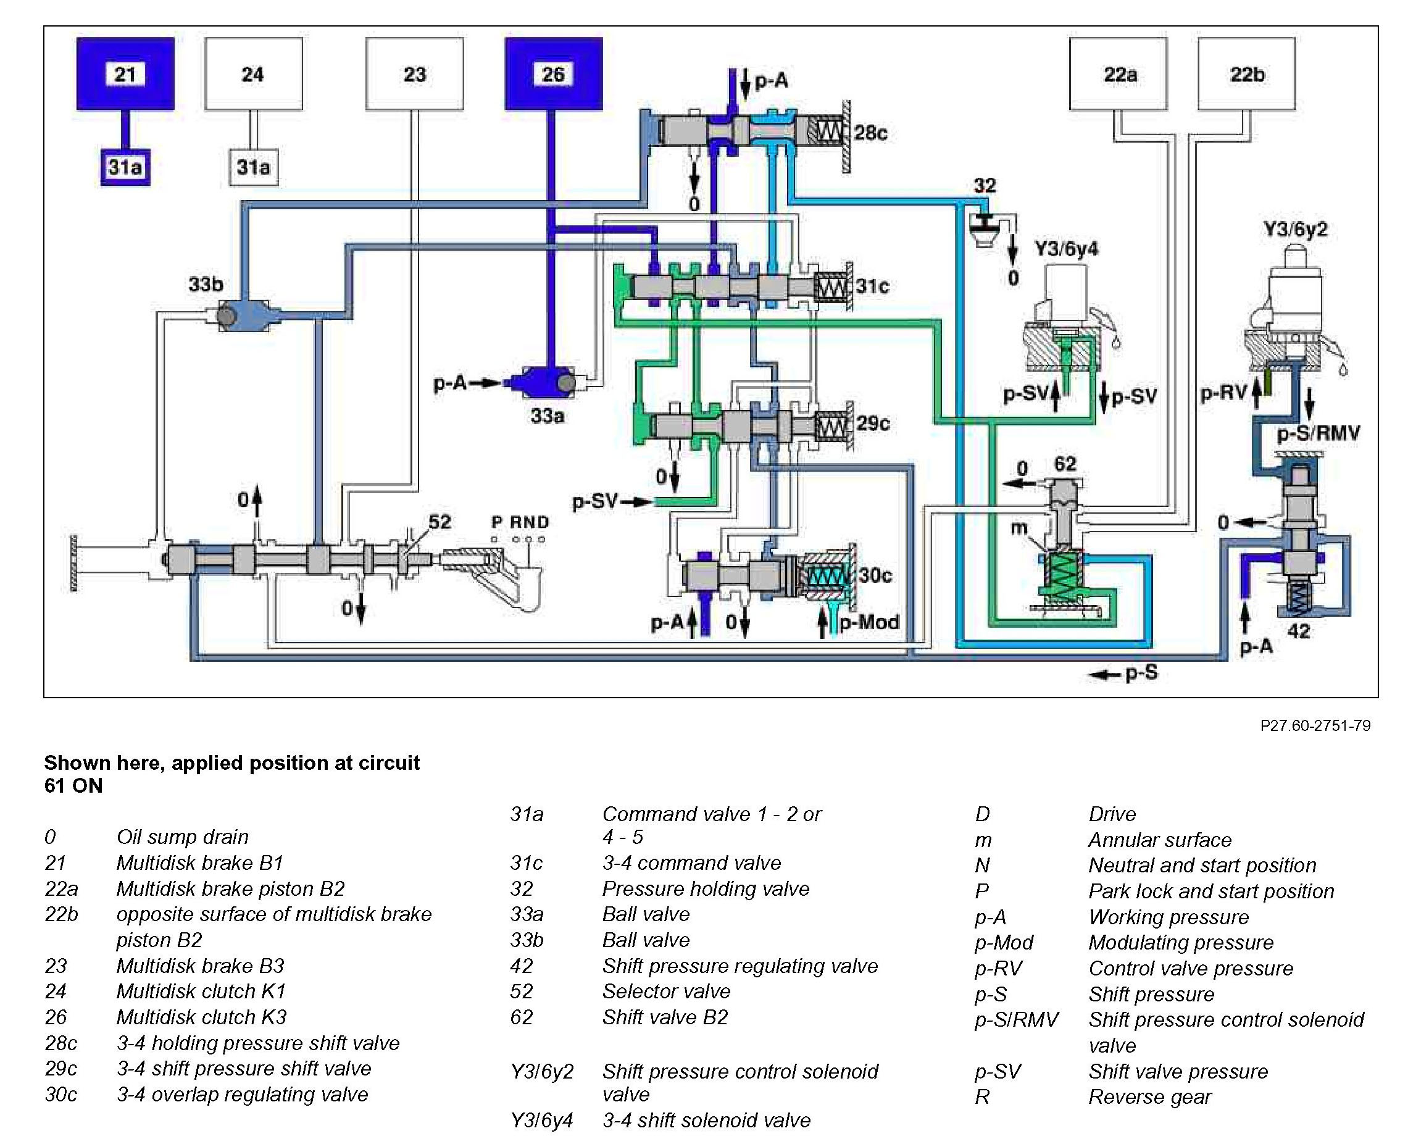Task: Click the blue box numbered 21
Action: (x=125, y=73)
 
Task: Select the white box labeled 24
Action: (x=254, y=73)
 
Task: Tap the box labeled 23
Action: (x=414, y=73)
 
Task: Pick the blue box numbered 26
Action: (x=554, y=73)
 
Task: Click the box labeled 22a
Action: (x=1118, y=73)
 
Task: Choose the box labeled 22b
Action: (x=1246, y=73)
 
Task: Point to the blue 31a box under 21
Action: (x=125, y=167)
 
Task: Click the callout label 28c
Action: (x=870, y=133)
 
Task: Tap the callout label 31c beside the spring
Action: (x=872, y=286)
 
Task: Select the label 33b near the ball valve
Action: (x=206, y=285)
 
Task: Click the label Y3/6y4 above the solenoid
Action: (x=1066, y=249)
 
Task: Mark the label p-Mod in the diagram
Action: (x=869, y=622)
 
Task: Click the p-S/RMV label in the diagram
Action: (x=1318, y=433)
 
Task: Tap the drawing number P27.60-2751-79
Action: (x=1315, y=725)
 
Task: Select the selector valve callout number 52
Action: (x=439, y=522)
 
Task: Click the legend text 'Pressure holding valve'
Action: (x=706, y=889)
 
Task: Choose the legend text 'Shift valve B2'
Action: (x=665, y=1017)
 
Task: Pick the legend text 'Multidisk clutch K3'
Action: (x=202, y=1017)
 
